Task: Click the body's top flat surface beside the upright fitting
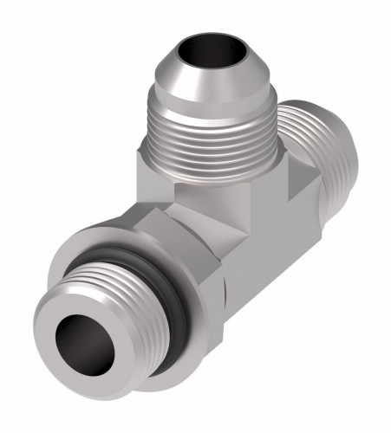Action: (x=286, y=178)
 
